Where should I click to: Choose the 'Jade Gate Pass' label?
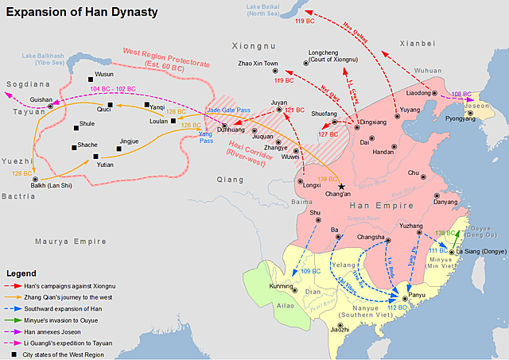click(x=228, y=110)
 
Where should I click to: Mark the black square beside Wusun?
click(x=91, y=78)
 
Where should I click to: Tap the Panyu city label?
click(x=419, y=294)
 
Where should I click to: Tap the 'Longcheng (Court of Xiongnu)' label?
click(x=325, y=57)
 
